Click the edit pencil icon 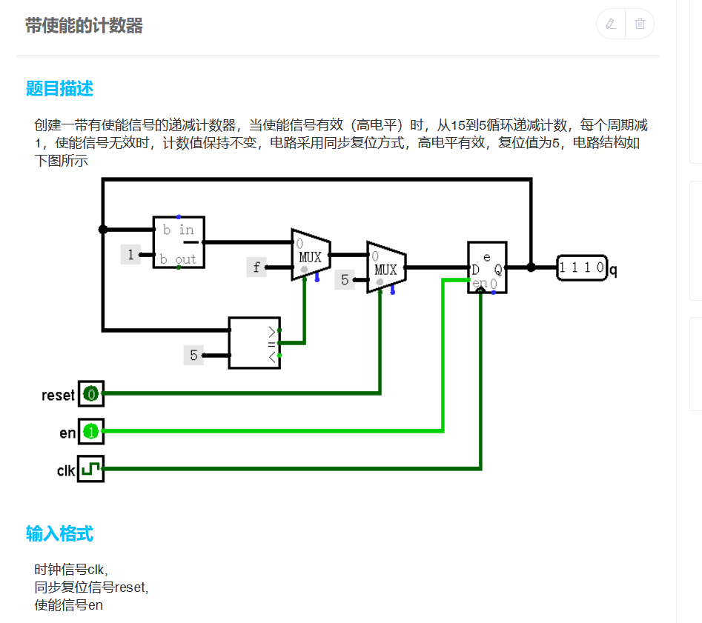pos(611,24)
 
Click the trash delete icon pos(640,24)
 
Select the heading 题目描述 pos(59,89)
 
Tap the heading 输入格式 pos(59,533)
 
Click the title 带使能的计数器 pos(84,27)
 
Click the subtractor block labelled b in pos(178,242)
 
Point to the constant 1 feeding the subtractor pos(131,256)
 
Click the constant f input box pos(256,267)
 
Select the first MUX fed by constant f pos(311,255)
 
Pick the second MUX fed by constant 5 pos(385,267)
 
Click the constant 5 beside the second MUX pos(344,280)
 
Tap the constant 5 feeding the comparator pos(193,356)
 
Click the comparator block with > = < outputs pos(254,343)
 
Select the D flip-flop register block pos(487,267)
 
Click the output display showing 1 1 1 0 pos(582,267)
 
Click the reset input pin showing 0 pos(91,394)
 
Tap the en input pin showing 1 pos(91,431)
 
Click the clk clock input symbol pos(91,469)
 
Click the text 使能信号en pos(69,605)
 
